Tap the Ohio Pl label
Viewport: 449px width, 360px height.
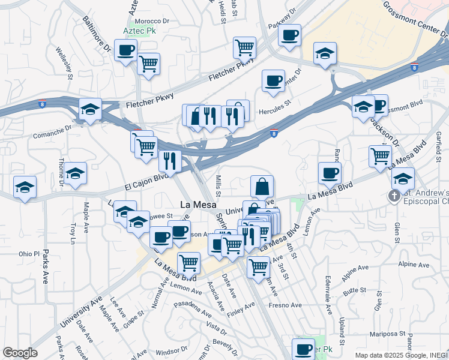28,254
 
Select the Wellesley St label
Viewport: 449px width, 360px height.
64,64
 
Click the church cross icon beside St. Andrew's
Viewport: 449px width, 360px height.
394,196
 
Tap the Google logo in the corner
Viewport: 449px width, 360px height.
20,353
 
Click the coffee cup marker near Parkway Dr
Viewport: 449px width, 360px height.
289,35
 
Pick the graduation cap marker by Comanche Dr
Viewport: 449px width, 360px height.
90,109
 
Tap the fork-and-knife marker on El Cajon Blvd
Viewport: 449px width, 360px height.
170,160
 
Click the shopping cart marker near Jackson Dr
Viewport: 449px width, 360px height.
381,156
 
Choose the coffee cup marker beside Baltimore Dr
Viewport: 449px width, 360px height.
125,50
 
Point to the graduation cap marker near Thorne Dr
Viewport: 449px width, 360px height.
76,173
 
